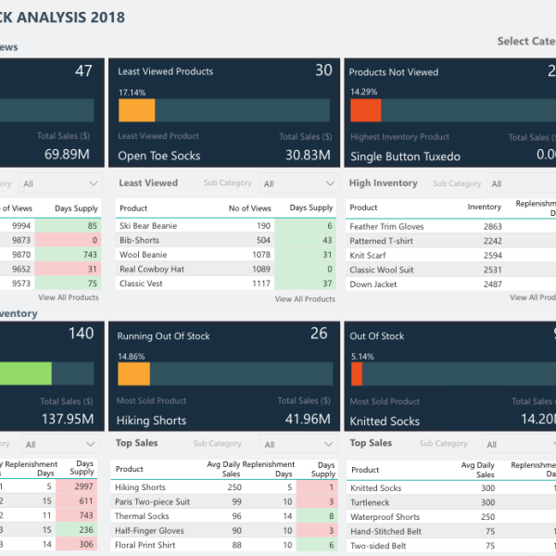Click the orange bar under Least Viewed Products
pos(136,110)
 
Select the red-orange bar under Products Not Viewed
pos(365,110)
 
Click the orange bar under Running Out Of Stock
pos(133,373)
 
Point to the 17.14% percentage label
pos(132,93)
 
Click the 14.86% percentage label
pos(131,356)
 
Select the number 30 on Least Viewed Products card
pos(322,70)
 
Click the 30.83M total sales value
pos(308,156)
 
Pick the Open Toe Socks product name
pos(158,157)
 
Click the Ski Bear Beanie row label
pos(148,226)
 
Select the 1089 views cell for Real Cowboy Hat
pos(261,268)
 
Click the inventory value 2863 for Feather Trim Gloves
pos(491,226)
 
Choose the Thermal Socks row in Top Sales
pos(142,516)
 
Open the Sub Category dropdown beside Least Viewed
pos(296,183)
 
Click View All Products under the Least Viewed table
pos(305,299)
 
